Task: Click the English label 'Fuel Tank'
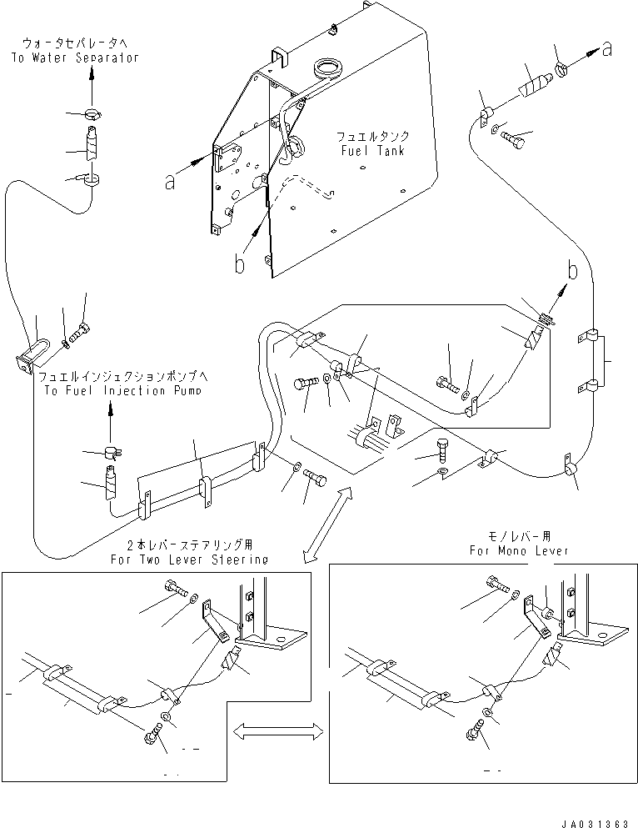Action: [x=373, y=151]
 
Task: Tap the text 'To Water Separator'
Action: [x=75, y=58]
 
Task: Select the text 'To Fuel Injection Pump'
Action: [x=123, y=391]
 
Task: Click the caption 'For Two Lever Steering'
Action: [x=189, y=560]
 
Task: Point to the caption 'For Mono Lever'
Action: [x=520, y=551]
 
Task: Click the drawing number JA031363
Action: [x=595, y=823]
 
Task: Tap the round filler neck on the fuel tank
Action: [x=327, y=68]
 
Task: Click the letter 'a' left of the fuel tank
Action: [x=169, y=183]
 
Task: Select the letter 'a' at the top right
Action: [x=607, y=50]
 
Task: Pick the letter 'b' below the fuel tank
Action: [x=240, y=263]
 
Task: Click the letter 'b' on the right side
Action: [x=573, y=270]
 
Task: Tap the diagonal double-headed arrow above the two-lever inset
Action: [x=329, y=524]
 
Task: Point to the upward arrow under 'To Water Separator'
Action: [x=92, y=88]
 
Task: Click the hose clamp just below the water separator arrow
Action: [x=92, y=113]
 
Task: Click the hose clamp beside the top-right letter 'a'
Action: [x=563, y=68]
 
